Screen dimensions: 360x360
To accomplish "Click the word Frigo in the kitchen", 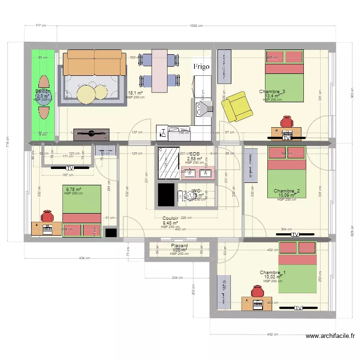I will click(202, 67).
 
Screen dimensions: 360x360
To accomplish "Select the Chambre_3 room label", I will click(272, 92).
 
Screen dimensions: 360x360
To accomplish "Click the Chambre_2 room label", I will click(287, 191).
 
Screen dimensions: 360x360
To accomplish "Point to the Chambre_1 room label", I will click(273, 273).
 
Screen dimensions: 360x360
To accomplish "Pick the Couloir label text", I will click(170, 218).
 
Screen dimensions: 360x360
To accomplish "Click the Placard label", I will click(180, 246).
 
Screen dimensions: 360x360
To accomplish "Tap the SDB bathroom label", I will click(194, 154).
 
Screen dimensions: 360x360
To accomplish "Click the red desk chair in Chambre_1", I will click(254, 292).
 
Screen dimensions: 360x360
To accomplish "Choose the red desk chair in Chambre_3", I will click(287, 121).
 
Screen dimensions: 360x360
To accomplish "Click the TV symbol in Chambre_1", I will click(299, 308).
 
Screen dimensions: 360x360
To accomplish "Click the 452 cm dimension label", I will click(273, 334).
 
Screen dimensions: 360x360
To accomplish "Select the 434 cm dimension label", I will click(84, 258).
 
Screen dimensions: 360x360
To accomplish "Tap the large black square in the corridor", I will click(166, 195).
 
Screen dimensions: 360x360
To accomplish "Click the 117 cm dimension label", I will click(41, 26).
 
